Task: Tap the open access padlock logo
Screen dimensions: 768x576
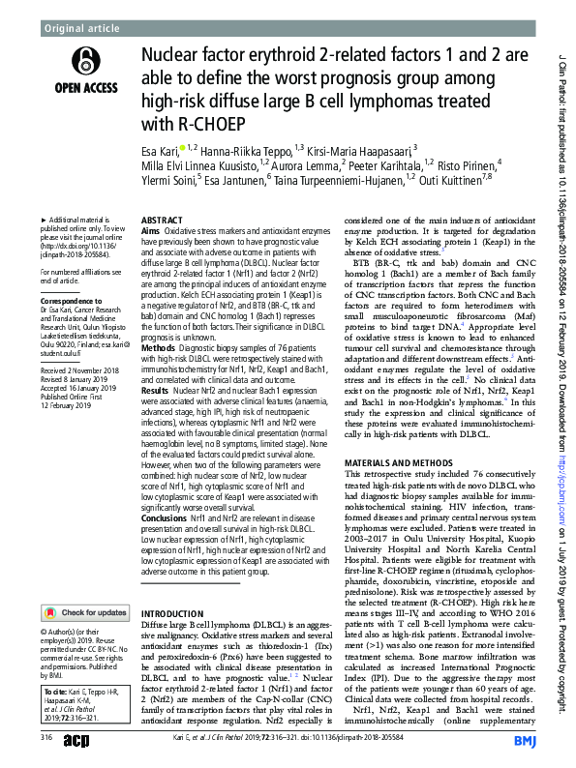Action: tap(83, 63)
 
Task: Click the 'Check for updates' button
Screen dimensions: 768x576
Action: tap(85, 585)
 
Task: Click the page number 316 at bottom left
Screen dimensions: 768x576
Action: tap(45, 738)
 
